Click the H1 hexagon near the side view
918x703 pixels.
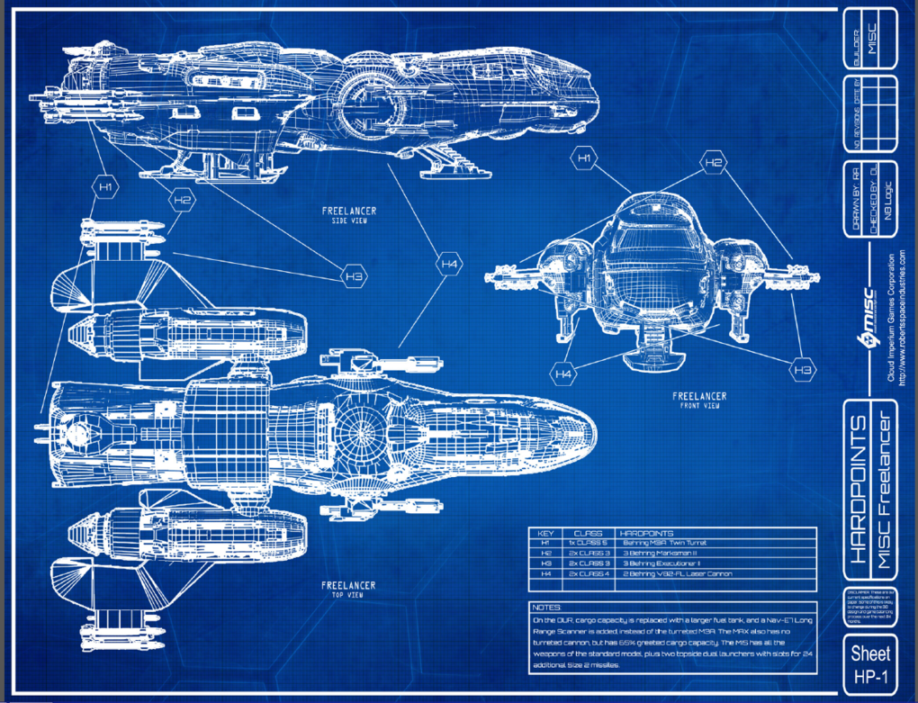[x=106, y=187]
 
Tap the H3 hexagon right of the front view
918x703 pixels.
[x=804, y=368]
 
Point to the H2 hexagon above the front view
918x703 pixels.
[x=714, y=163]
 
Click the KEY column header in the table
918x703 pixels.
[x=545, y=533]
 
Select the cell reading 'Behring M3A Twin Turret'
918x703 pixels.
[x=665, y=544]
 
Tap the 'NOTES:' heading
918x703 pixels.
[x=548, y=608]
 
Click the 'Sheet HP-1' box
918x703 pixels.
[x=870, y=663]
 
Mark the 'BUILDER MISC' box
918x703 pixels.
[x=870, y=41]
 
